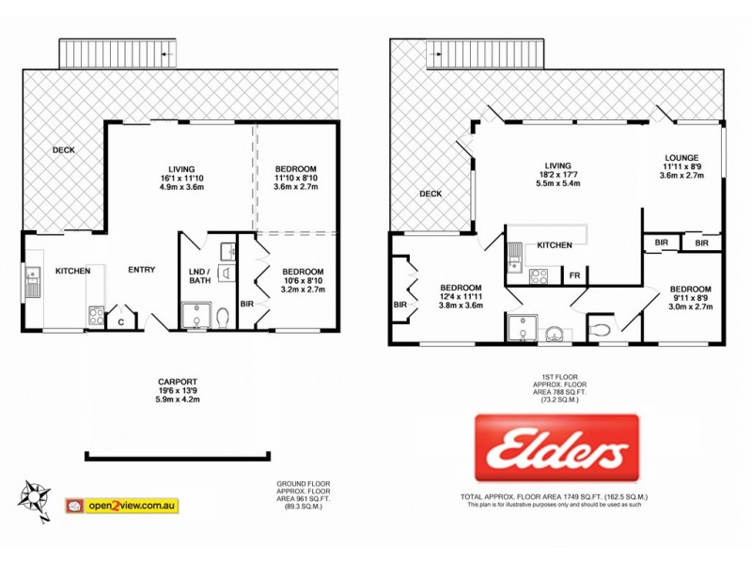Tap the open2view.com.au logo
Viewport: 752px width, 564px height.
click(121, 506)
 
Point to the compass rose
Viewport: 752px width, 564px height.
click(35, 496)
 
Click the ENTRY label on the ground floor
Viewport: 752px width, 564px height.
click(142, 271)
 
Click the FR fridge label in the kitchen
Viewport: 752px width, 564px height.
click(574, 275)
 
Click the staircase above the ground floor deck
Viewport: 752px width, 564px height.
click(118, 55)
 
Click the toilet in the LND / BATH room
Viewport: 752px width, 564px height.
click(223, 318)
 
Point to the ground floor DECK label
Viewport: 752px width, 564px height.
click(63, 149)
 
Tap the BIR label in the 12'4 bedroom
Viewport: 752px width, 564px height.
click(401, 305)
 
